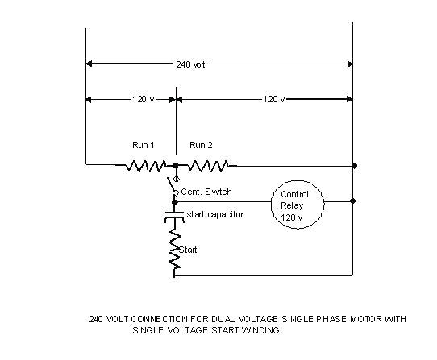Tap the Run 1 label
pos(144,145)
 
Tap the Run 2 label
pos(201,145)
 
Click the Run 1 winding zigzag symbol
pos(144,165)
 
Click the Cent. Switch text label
pos(206,192)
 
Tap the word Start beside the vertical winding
pos(187,250)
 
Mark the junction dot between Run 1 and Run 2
pos(175,165)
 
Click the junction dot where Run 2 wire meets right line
pos(353,165)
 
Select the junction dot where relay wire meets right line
pos(353,201)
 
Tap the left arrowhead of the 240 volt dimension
pos(89,63)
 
